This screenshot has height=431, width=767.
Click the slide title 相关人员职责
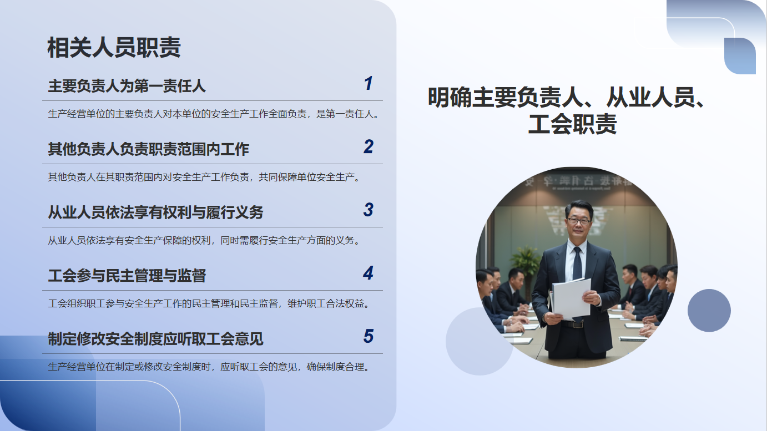(114, 47)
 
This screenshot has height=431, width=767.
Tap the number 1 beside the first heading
(369, 83)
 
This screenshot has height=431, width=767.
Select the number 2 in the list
(369, 146)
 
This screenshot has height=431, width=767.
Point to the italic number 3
(369, 210)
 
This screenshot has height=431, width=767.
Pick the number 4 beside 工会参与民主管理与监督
(369, 273)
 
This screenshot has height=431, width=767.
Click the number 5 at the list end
(369, 336)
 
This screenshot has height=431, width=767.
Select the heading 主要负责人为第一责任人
(127, 85)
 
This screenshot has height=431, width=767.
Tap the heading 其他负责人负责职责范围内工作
(148, 149)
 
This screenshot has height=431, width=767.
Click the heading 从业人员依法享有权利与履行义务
(155, 212)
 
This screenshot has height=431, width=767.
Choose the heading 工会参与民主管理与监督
(127, 276)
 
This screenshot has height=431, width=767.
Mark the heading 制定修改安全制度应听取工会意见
(155, 339)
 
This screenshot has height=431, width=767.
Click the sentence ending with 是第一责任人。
(214, 114)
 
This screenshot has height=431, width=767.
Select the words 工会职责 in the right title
(572, 124)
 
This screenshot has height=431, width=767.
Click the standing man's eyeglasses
(579, 221)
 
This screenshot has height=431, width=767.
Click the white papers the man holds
(571, 298)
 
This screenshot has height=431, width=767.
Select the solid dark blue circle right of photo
(709, 311)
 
